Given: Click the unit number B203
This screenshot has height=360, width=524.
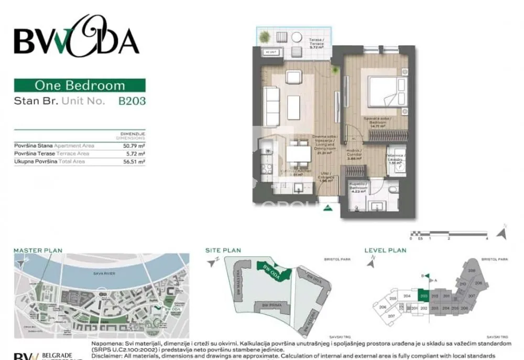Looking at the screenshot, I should [132, 101].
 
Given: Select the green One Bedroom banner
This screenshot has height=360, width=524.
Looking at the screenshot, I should [80, 85].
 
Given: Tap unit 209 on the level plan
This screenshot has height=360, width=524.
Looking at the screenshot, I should [472, 270].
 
